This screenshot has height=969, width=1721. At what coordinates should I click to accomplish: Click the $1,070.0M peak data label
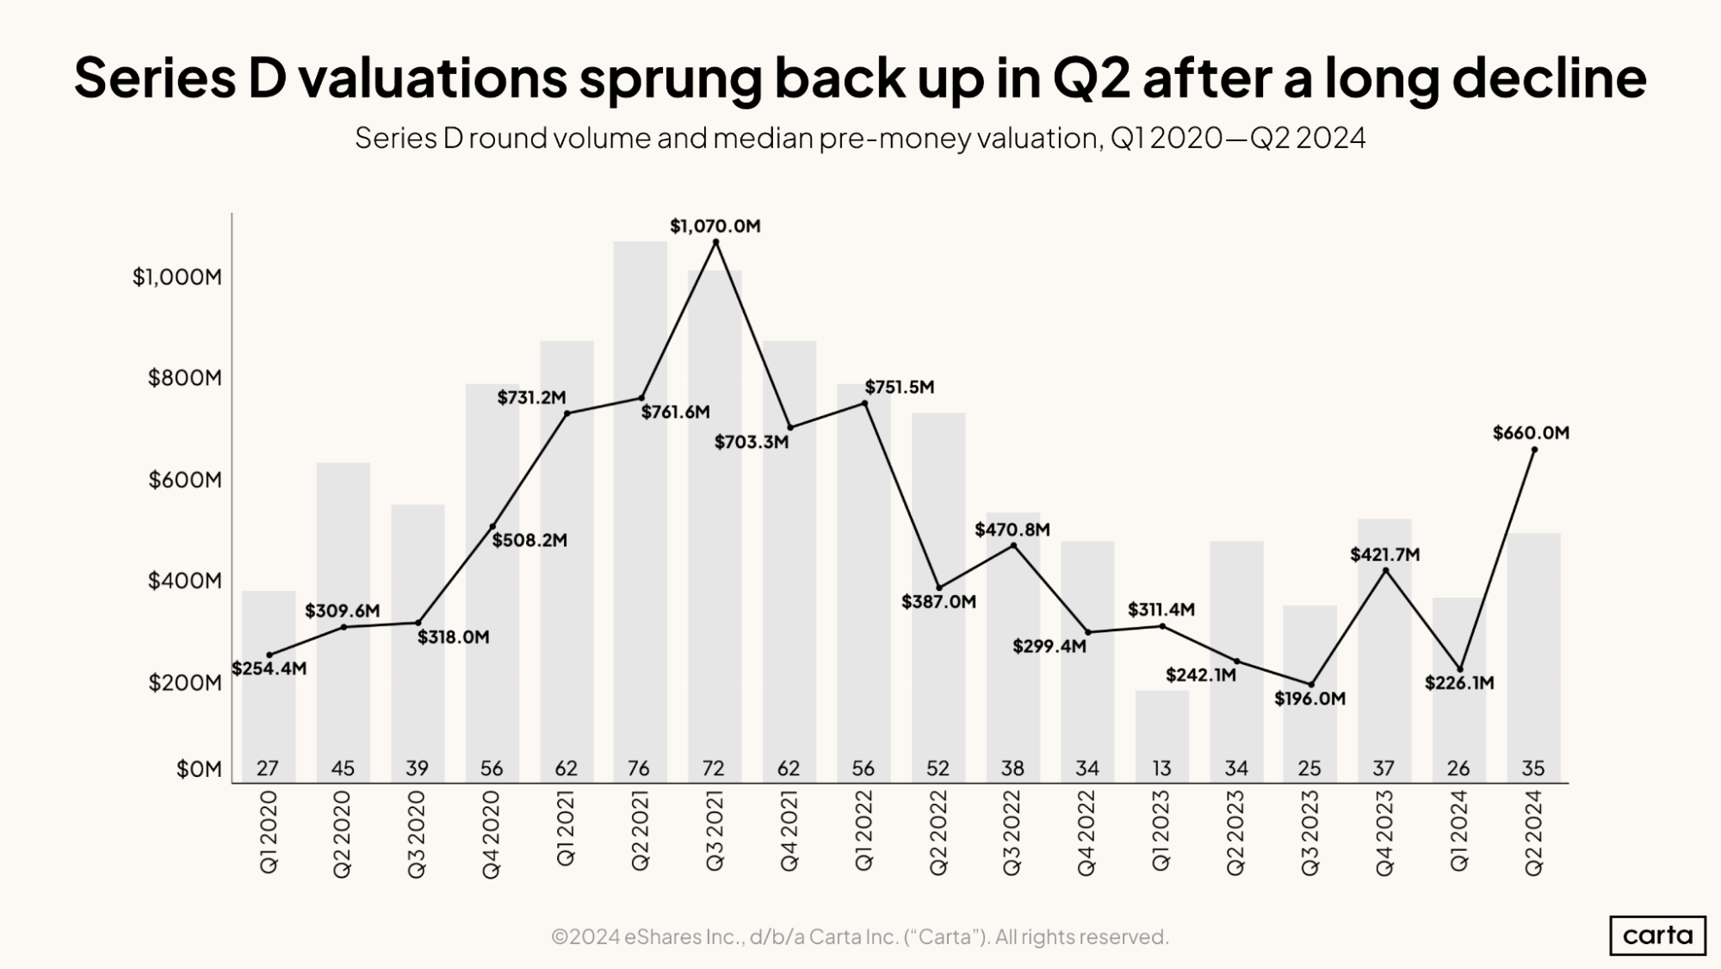tap(715, 226)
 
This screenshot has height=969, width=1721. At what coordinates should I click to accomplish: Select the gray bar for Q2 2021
tap(640, 517)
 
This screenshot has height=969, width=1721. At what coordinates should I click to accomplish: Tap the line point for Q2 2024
tap(1534, 449)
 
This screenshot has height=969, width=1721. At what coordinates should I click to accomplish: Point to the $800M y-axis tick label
tap(184, 377)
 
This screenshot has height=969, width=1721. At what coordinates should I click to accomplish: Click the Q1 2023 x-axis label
tap(1161, 831)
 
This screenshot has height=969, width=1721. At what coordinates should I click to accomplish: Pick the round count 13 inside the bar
tap(1161, 767)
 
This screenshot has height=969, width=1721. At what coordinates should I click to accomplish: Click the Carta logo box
tap(1656, 935)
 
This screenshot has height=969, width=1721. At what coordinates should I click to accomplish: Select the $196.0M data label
tap(1309, 699)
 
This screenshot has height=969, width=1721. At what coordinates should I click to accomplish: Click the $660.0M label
tap(1530, 432)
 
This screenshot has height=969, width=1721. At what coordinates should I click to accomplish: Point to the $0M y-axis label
tap(199, 768)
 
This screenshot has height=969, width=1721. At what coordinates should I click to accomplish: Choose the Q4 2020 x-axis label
tap(491, 834)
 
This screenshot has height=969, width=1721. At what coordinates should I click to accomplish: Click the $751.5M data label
tap(899, 387)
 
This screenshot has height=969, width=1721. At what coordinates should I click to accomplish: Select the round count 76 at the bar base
tap(639, 767)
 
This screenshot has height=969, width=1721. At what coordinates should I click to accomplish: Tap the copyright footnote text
tap(859, 936)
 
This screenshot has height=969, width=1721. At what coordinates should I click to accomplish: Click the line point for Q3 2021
tap(715, 242)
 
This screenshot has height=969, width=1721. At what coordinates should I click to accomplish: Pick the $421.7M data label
tap(1384, 555)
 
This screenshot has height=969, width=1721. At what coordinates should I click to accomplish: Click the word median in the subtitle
tap(762, 138)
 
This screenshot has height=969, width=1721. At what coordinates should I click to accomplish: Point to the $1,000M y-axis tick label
tap(176, 276)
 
